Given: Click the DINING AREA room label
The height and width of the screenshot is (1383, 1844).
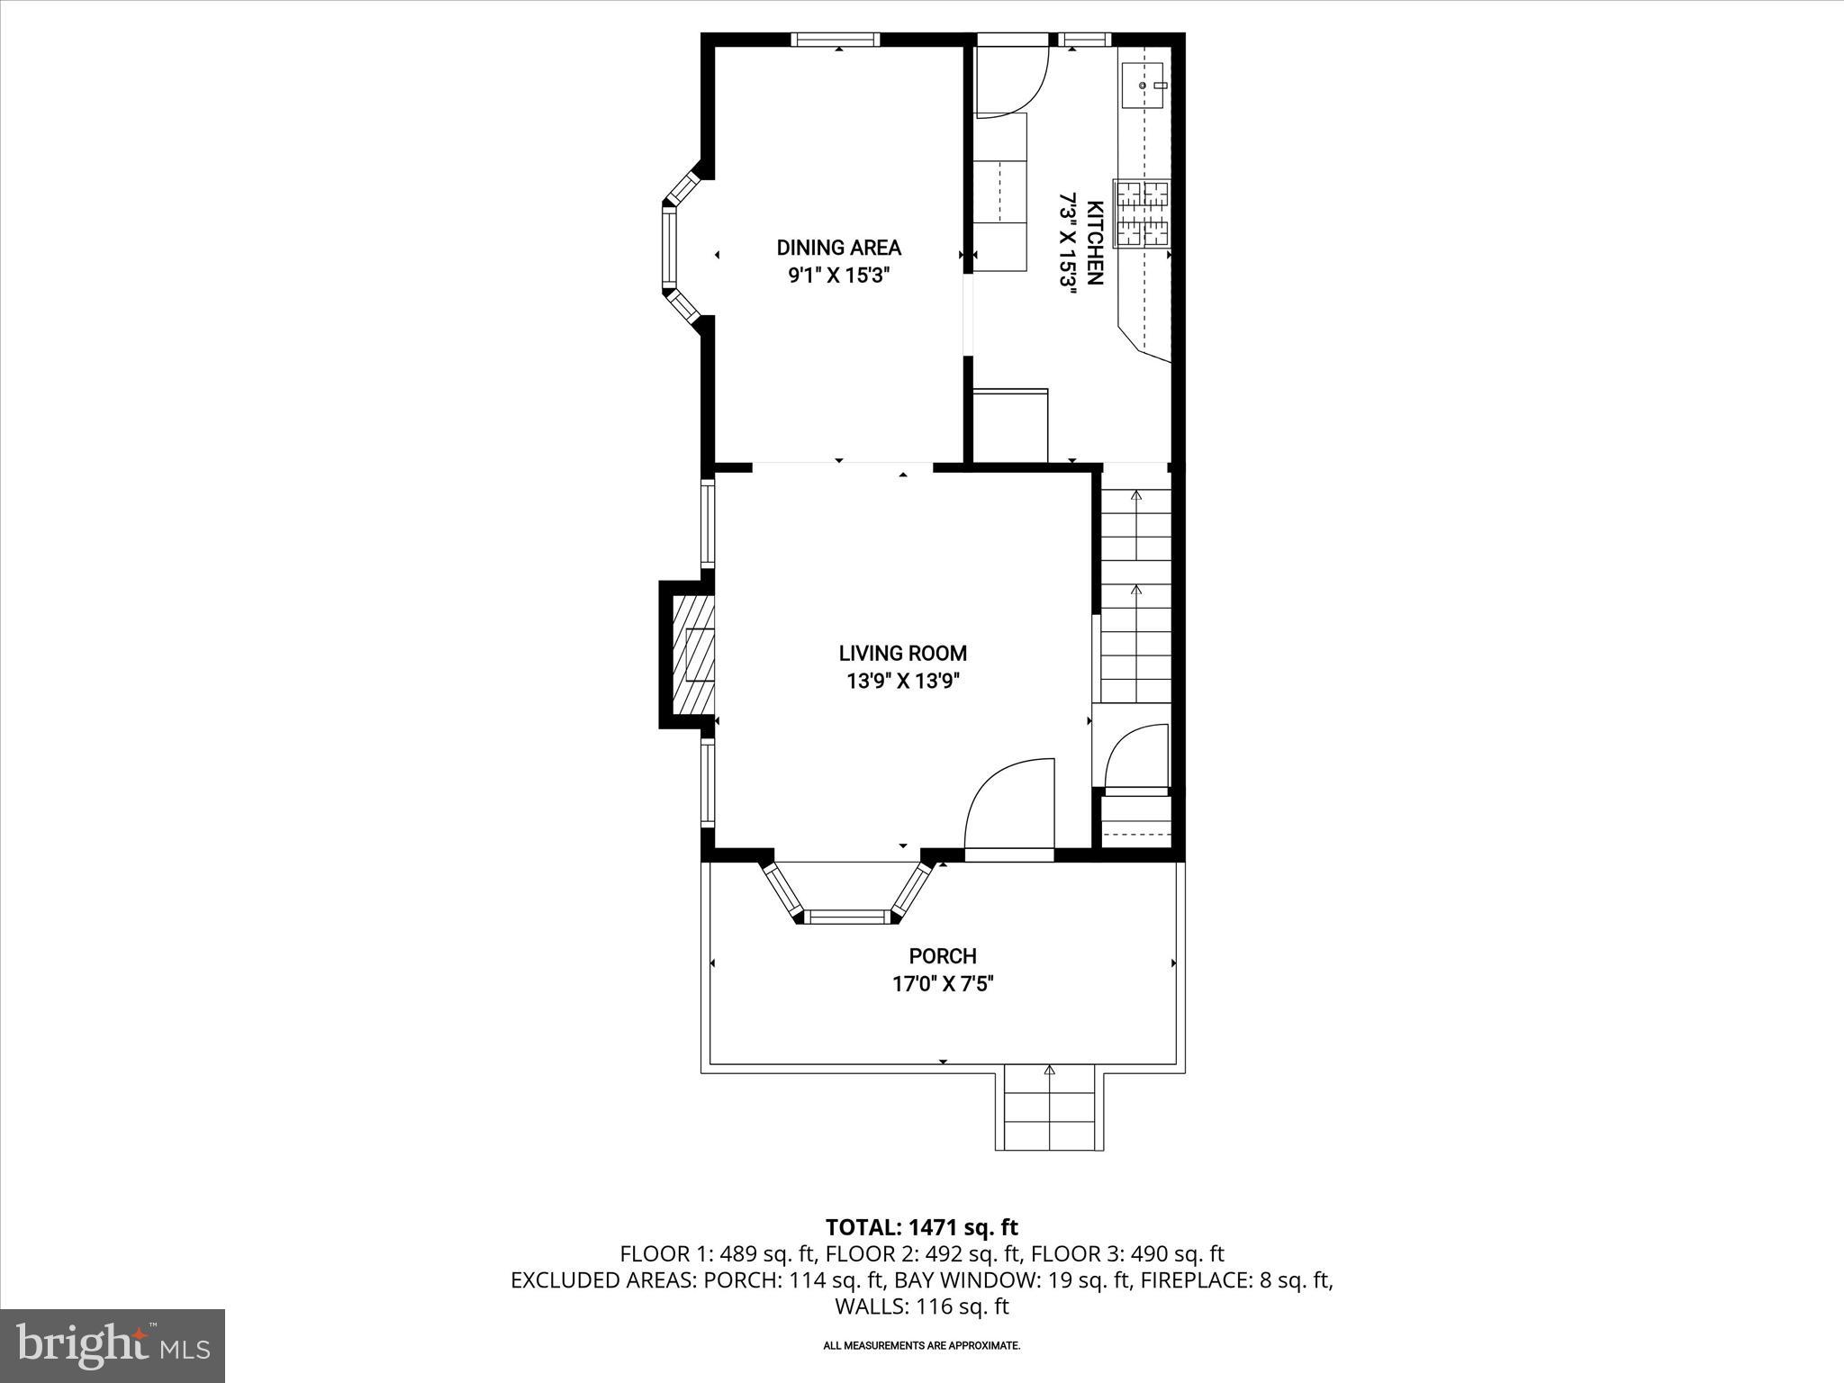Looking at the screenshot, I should tap(838, 248).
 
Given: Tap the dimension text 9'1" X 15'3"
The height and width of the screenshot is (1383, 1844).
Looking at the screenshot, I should tap(838, 276).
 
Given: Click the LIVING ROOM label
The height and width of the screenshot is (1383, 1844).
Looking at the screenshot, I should tap(902, 654).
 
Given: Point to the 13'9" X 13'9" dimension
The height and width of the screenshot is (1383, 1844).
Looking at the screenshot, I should tap(902, 682).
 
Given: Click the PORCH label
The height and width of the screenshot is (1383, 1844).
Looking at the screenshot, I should tap(942, 956).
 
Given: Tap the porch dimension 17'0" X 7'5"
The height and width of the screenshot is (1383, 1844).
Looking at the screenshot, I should tap(942, 984).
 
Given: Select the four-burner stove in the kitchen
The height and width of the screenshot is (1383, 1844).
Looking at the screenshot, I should tap(1142, 213).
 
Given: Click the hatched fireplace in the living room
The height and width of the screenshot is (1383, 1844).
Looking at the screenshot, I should tap(693, 654).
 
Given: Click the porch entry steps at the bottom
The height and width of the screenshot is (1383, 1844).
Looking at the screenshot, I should tap(1049, 1109).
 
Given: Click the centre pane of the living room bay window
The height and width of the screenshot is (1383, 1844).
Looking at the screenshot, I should tap(846, 917).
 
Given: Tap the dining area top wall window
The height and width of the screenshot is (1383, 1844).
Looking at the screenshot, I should tap(836, 40).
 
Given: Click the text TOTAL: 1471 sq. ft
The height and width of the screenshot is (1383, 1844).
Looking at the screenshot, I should tap(921, 1227).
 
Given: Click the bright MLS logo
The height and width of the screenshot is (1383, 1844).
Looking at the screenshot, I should tap(113, 1347).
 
